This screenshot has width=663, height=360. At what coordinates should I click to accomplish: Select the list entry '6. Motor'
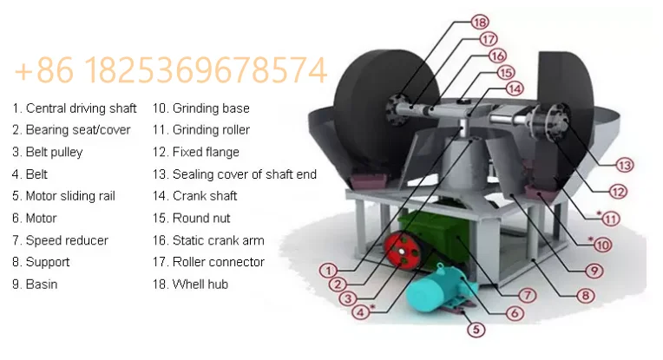click(34, 218)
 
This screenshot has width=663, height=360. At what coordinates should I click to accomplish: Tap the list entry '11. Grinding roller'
click(201, 130)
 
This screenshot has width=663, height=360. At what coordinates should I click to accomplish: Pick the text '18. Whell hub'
click(191, 284)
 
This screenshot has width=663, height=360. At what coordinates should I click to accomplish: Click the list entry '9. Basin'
click(35, 284)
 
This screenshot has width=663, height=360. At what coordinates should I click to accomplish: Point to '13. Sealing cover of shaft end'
click(234, 174)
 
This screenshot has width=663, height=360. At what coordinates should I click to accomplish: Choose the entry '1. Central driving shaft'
click(75, 108)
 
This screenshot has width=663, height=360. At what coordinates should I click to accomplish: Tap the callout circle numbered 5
click(475, 329)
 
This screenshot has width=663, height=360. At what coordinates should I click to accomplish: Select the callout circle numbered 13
click(625, 164)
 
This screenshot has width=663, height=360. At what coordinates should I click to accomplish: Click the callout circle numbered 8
click(586, 296)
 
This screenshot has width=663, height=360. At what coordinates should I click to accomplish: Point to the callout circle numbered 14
click(515, 88)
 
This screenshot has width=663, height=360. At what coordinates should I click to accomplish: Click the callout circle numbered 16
click(497, 55)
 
